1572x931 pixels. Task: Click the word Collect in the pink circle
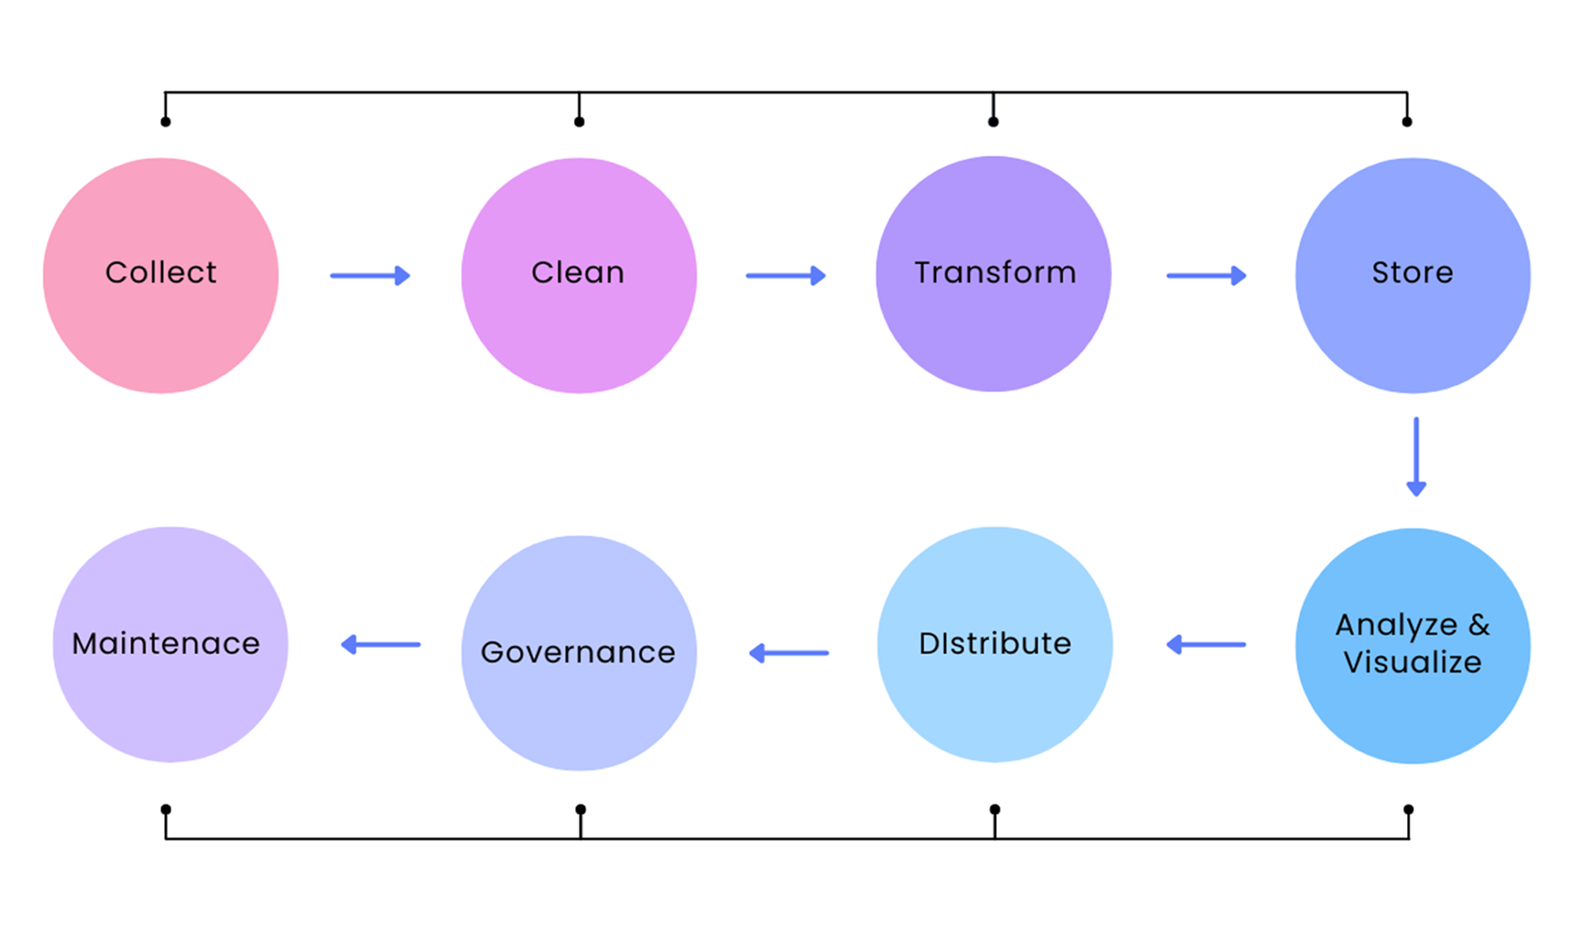(161, 273)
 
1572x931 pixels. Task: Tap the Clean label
(578, 273)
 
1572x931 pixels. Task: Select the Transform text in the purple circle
(994, 273)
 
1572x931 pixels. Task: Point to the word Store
(1412, 273)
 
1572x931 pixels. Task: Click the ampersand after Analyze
(1479, 624)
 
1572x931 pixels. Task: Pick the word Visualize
(1412, 663)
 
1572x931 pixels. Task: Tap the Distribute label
(994, 644)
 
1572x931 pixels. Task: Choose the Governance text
(578, 652)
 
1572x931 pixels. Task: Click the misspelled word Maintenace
(166, 644)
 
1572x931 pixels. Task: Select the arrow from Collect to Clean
(370, 276)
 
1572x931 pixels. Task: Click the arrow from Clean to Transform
(786, 276)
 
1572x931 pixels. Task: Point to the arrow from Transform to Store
(1206, 276)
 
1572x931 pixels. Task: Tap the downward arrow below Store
(1416, 457)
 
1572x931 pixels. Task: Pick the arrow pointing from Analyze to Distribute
(1206, 644)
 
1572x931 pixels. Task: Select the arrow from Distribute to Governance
(789, 652)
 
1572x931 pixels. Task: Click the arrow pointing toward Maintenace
(380, 644)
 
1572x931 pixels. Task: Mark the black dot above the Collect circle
(166, 122)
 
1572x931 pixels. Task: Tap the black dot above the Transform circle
(994, 122)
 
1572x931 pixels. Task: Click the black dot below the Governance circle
(580, 809)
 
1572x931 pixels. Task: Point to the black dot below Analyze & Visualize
(1409, 809)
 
